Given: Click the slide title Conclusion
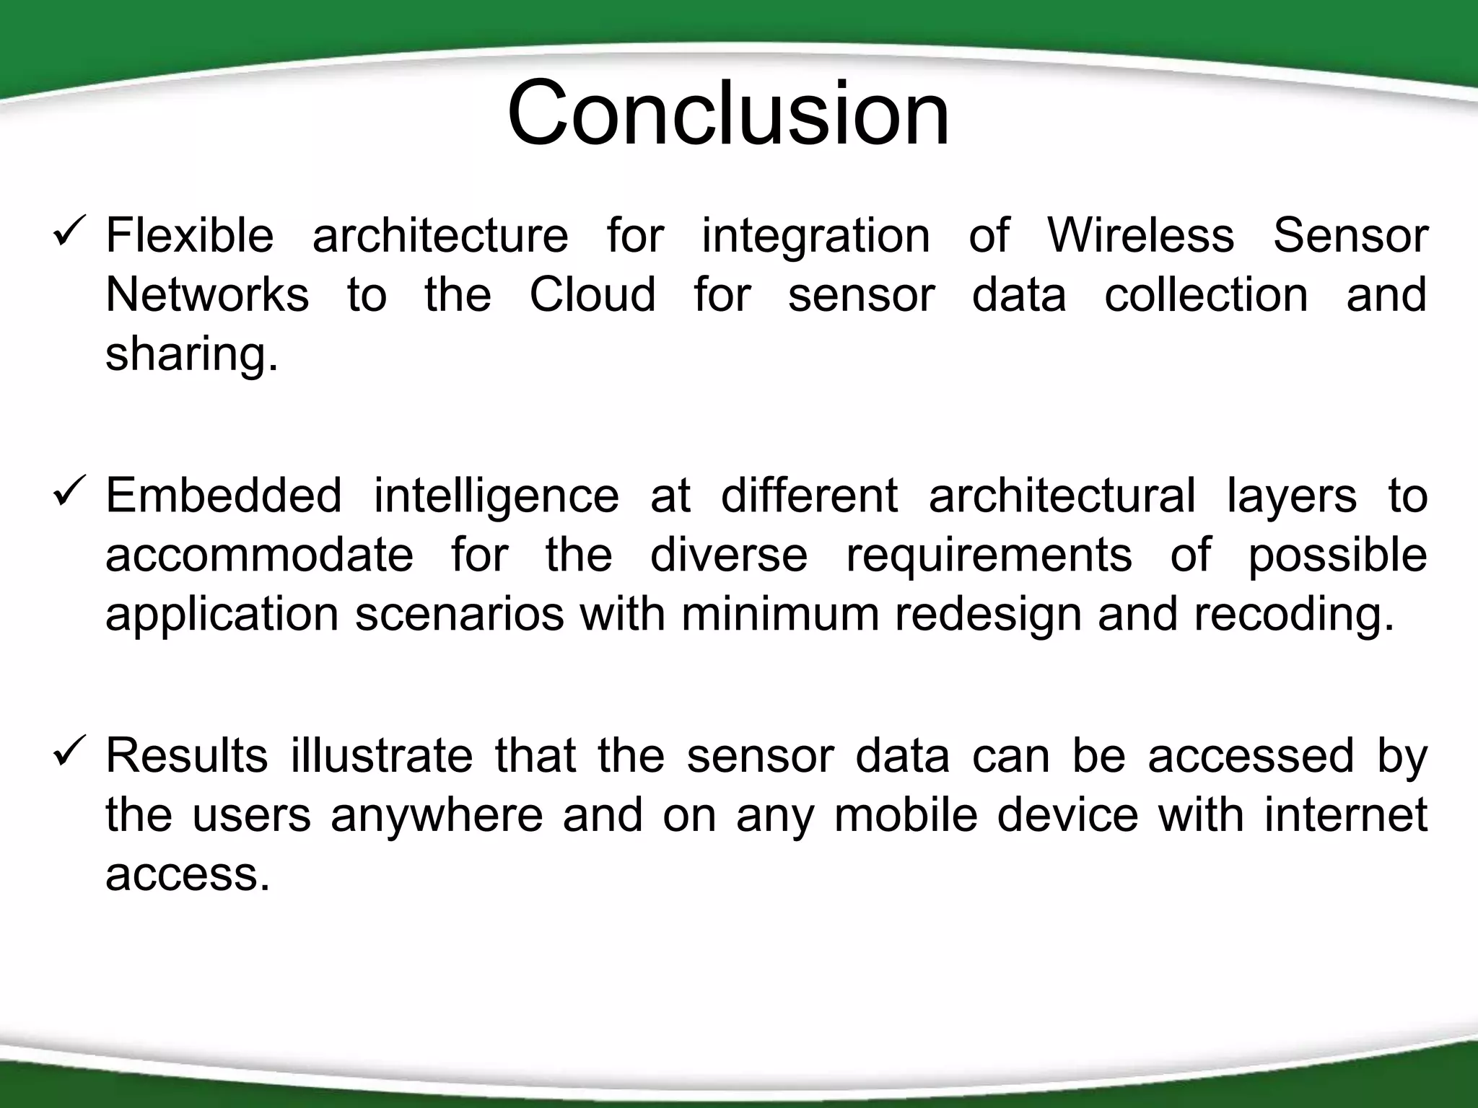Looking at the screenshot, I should coord(728,114).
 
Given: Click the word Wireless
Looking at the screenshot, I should coord(1140,235).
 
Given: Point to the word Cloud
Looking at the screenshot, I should coord(592,294).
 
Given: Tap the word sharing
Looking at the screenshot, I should coord(191,355).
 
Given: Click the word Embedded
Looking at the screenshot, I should coord(224,496).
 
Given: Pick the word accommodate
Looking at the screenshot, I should coord(259,555).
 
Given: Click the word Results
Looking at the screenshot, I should coord(187,755).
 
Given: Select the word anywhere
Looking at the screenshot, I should coord(436,816).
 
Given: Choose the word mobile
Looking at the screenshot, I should coord(906,814).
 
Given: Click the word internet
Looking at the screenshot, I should coord(1345,814).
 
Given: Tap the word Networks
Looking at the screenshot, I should coord(207,294).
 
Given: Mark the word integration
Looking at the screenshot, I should coord(816,237).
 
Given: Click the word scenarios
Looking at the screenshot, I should coord(459,614).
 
